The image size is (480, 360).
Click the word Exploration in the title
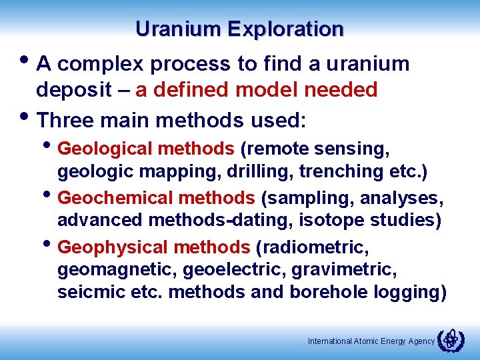[x=285, y=29]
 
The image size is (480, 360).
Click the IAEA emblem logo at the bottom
[x=450, y=341]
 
